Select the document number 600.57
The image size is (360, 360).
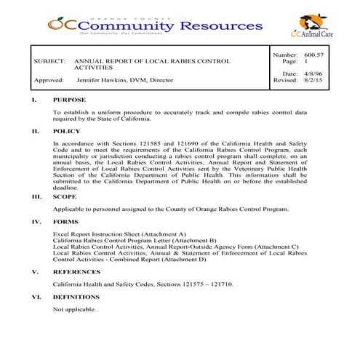pyautogui.click(x=313, y=55)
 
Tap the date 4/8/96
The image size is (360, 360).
pyautogui.click(x=314, y=73)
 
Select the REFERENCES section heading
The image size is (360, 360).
pyautogui.click(x=77, y=271)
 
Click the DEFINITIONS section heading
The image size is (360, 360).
pyautogui.click(x=76, y=297)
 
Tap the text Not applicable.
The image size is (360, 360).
pyautogui.click(x=74, y=309)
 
